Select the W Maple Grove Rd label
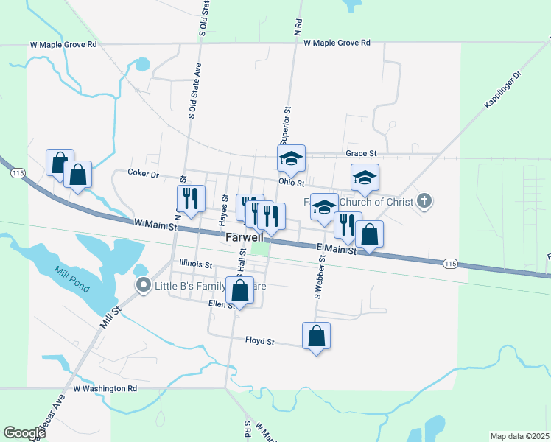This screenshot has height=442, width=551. [x=63, y=44]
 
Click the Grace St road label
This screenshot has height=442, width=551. [x=361, y=153]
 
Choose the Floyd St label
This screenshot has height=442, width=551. [x=259, y=342]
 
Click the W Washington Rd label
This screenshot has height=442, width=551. [x=105, y=388]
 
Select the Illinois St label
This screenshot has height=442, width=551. [x=195, y=264]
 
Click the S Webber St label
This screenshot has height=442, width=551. [x=320, y=276]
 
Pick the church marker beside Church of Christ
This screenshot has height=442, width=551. [x=424, y=200]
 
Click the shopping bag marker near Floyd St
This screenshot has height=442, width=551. [x=316, y=337]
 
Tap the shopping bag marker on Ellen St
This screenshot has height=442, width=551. [x=239, y=290]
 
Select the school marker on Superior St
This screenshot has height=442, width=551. [x=291, y=158]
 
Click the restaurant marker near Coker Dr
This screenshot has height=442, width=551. [x=189, y=198]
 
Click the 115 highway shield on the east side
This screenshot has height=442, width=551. [x=451, y=263]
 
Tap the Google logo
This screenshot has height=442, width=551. [x=25, y=433]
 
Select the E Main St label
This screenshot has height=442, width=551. [x=336, y=249]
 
